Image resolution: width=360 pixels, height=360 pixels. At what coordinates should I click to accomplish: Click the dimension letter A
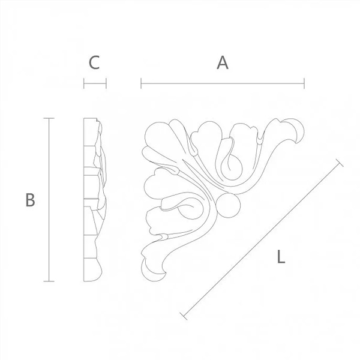click(x=223, y=62)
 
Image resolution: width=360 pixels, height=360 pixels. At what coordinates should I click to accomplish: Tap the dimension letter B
click(x=31, y=200)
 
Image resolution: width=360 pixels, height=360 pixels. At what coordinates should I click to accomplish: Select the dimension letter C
click(x=94, y=62)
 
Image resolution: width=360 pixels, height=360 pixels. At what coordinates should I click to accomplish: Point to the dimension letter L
click(x=281, y=257)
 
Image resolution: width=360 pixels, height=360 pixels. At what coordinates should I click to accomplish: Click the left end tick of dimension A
click(x=141, y=83)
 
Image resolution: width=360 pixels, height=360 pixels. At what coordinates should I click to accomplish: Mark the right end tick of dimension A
click(x=304, y=83)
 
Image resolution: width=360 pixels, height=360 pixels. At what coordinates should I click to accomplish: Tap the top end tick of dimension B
click(x=49, y=118)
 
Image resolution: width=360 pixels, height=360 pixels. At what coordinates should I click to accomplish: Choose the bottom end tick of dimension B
click(x=49, y=281)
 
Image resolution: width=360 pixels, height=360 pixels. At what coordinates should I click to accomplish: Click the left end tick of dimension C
click(x=84, y=83)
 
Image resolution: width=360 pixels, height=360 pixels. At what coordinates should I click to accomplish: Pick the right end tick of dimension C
click(x=106, y=83)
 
